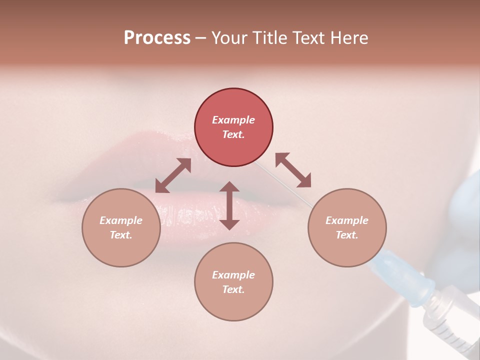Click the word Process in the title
coord(157,37)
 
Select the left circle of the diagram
coord(121,227)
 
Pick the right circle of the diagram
coord(347,227)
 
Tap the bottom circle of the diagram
coord(233,281)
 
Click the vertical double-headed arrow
coord(229,205)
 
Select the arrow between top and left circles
coord(173,175)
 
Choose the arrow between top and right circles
coord(293,170)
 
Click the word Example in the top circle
coord(233,120)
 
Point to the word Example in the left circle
coord(121,220)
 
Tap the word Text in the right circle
coord(347,235)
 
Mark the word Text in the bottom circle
coord(233,289)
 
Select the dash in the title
coord(201,38)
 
